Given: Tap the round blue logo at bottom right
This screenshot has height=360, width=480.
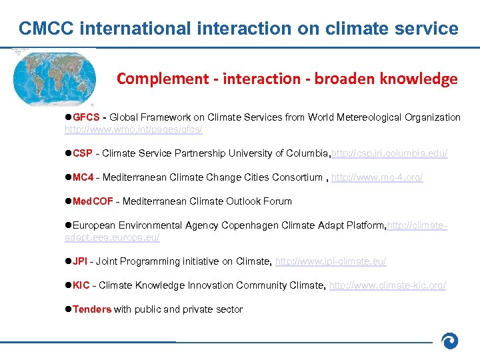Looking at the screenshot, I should click(x=451, y=341).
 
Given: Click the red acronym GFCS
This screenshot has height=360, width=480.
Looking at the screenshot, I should click(x=86, y=117).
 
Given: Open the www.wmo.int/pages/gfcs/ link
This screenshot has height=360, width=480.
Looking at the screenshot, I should click(x=133, y=129).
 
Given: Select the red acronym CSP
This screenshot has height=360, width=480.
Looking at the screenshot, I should click(x=83, y=153).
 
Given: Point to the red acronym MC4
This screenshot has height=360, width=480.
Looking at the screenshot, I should click(x=83, y=177).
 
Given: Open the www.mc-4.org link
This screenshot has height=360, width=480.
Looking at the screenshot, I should click(x=377, y=177).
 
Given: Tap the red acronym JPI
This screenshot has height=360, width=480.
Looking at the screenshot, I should click(x=80, y=261).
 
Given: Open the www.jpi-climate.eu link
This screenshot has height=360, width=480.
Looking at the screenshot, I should click(x=330, y=261).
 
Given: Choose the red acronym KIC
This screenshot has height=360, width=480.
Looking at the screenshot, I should click(x=81, y=285).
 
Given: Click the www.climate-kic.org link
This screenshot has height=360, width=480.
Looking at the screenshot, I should click(x=387, y=285).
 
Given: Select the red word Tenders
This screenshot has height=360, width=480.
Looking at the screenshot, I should click(x=92, y=309).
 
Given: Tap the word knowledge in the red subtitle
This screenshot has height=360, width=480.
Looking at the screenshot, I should click(x=419, y=79).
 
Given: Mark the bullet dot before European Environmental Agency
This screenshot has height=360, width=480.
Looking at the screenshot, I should click(x=68, y=225).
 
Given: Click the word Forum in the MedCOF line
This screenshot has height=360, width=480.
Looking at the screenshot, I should click(x=278, y=201).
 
